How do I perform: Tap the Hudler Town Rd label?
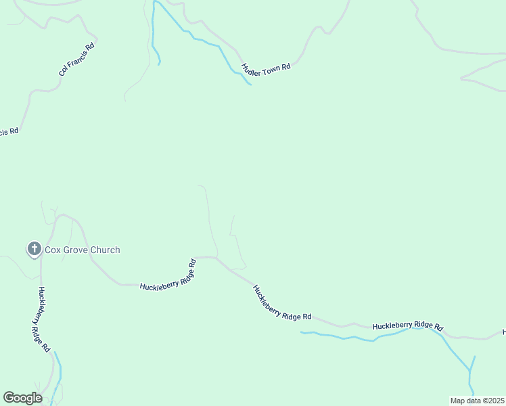pyautogui.click(x=266, y=67)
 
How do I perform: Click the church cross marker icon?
pyautogui.click(x=34, y=249)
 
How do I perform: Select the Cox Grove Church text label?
pyautogui.click(x=83, y=250)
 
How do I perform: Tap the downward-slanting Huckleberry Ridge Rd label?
pyautogui.click(x=281, y=302)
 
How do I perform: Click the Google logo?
pyautogui.click(x=22, y=398)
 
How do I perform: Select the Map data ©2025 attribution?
pyautogui.click(x=477, y=401)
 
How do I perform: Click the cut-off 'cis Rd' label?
pyautogui.click(x=8, y=131)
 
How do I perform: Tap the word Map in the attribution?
pyautogui.click(x=458, y=401)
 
